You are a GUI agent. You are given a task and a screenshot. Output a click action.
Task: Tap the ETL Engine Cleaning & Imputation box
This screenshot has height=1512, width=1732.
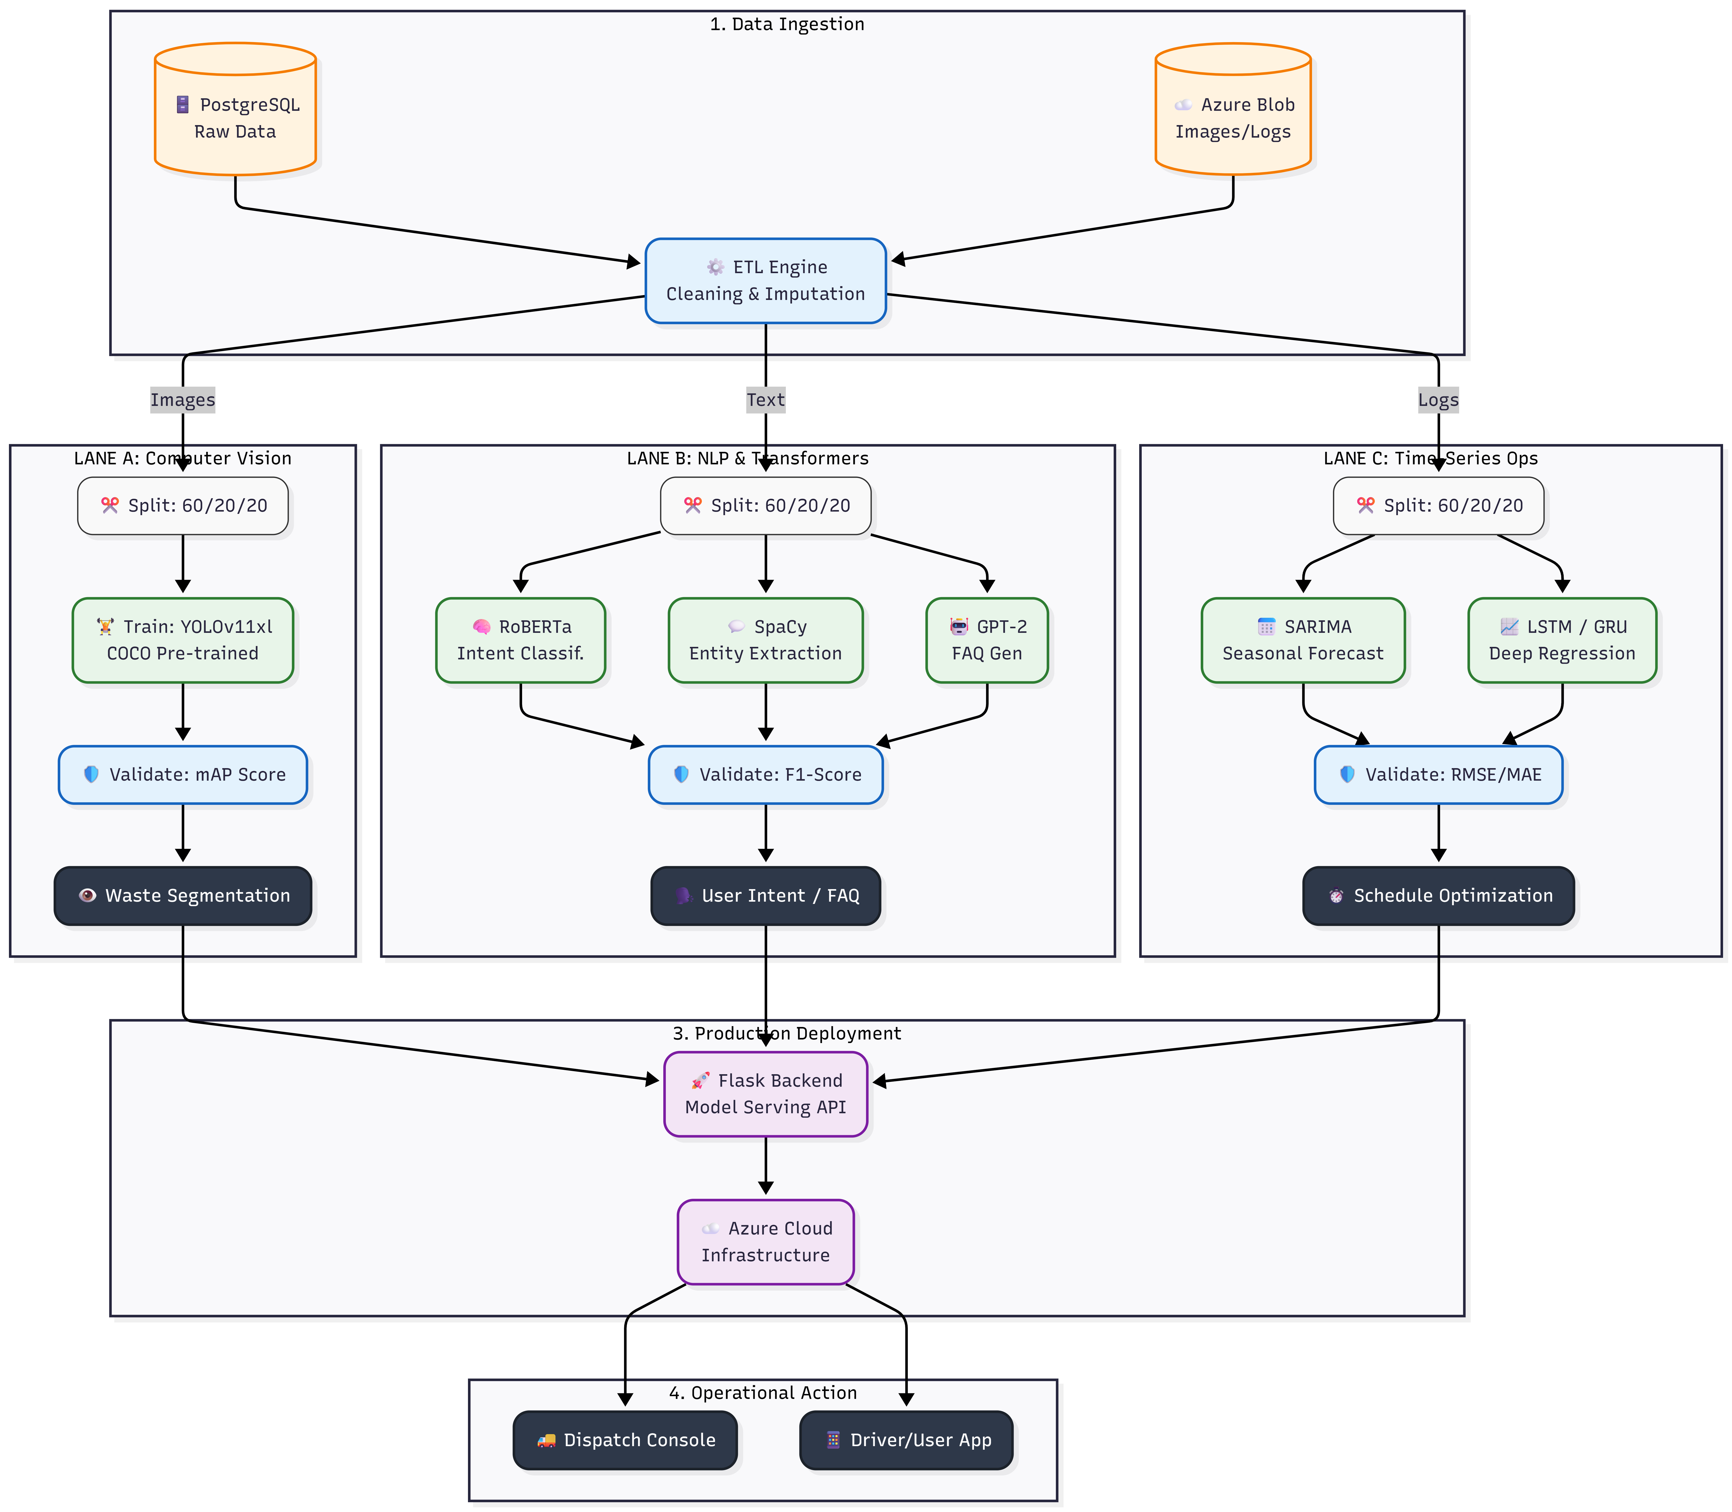765,281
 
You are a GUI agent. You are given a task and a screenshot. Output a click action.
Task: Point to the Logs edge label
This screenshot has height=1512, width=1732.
1438,400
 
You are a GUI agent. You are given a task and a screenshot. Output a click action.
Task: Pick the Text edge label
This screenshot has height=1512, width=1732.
765,400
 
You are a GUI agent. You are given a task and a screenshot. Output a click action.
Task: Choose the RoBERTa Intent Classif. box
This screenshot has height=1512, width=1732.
521,640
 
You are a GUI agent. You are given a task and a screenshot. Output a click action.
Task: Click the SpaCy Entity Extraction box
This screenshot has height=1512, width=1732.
765,640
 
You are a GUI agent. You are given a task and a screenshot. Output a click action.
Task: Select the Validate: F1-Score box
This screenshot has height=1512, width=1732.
765,775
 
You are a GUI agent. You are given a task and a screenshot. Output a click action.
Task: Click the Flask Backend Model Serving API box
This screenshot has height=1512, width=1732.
765,1094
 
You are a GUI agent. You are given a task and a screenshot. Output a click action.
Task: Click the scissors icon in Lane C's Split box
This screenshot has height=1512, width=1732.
1365,505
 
